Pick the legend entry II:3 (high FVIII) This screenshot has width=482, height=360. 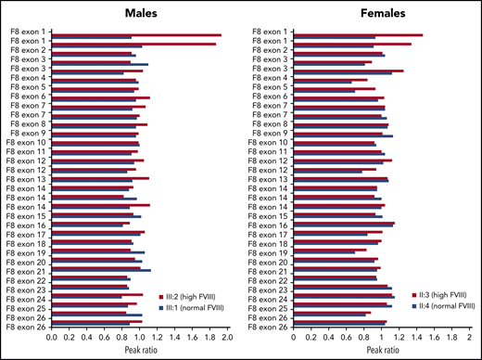coord(436,295)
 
